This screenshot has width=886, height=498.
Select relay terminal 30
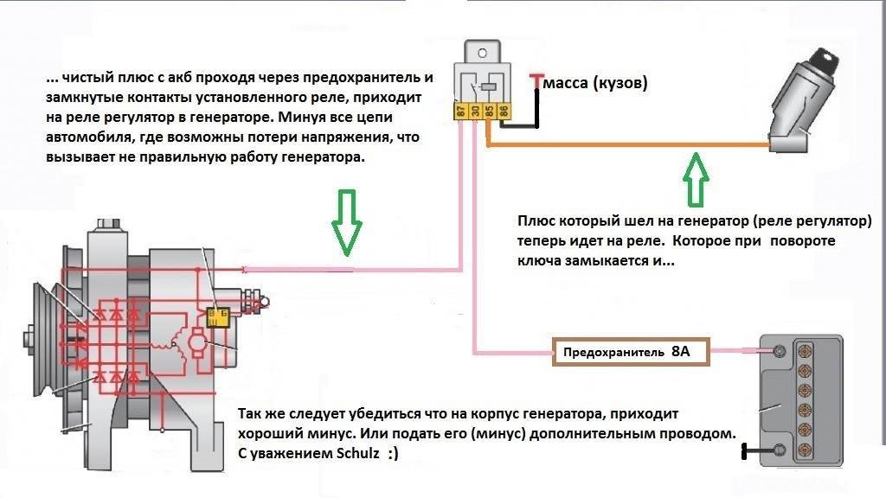click(x=477, y=112)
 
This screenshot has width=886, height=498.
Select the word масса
click(x=568, y=84)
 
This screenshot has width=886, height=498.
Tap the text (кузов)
click(x=620, y=84)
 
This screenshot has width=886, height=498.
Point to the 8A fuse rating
click(x=682, y=353)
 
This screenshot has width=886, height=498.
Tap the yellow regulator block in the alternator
click(x=219, y=315)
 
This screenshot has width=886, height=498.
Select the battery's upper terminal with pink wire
click(x=778, y=351)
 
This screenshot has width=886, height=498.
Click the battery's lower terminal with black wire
click(x=778, y=450)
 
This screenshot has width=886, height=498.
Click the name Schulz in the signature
click(x=357, y=453)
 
